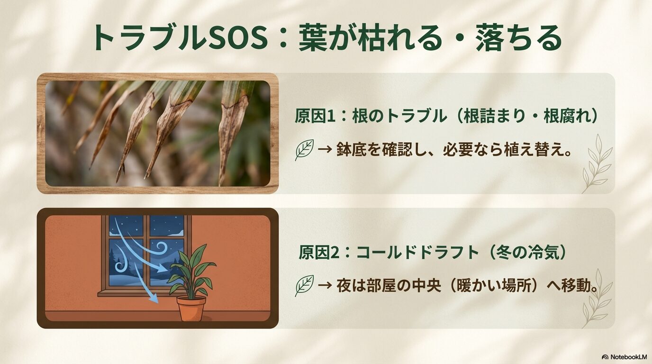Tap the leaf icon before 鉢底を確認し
tap(304, 150)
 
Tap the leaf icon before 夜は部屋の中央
tap(304, 285)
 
